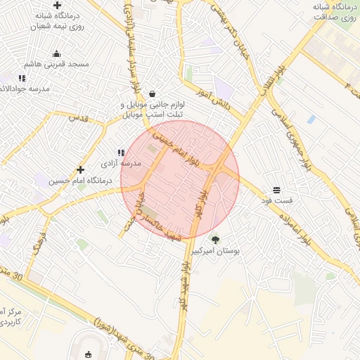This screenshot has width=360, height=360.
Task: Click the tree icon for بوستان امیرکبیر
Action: click(x=215, y=240)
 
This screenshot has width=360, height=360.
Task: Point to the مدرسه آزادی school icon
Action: click(x=122, y=152)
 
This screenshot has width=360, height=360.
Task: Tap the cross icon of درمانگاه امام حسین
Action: click(x=81, y=169)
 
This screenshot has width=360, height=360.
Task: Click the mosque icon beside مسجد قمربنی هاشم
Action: click(x=57, y=53)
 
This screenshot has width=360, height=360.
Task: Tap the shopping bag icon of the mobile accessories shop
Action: click(x=152, y=94)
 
